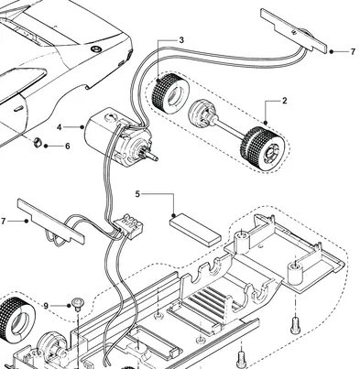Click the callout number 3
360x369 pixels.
[181, 40]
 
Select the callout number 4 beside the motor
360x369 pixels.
[60, 127]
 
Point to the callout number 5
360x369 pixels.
[137, 194]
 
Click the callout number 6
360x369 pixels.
[66, 146]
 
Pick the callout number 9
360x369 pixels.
[46, 305]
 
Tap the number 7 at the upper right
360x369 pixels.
[352, 52]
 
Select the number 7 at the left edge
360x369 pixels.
[4, 222]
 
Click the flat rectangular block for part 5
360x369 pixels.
[195, 224]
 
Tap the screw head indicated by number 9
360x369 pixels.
[79, 302]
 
